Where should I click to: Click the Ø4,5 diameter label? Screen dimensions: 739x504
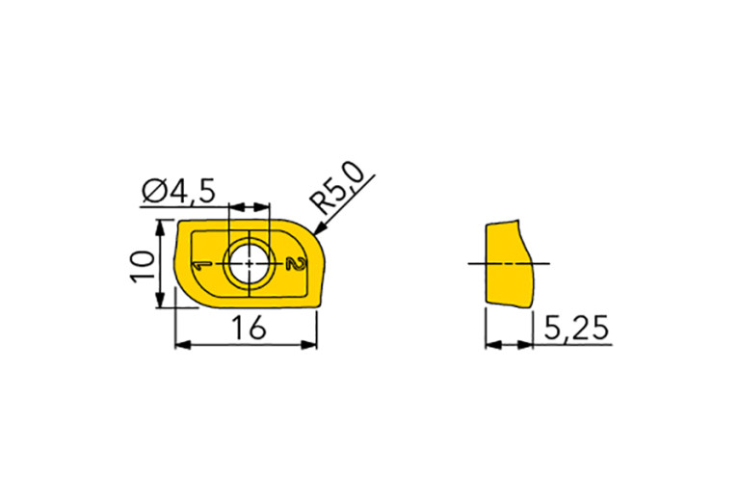178,192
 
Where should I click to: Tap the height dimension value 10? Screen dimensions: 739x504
143,266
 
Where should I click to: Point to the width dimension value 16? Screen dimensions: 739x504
250,328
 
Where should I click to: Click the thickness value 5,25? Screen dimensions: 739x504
576,328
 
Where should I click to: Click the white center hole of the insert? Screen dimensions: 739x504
250,263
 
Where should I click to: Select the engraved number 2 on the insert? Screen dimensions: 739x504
297,264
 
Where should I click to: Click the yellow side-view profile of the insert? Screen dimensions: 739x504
510,264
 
